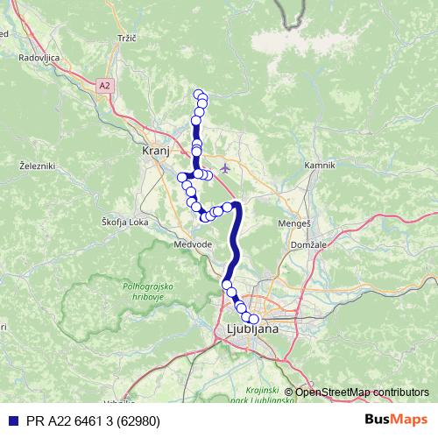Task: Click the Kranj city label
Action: point(154,151)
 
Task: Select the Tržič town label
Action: point(129,39)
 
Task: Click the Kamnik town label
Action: point(319,165)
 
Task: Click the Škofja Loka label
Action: point(124,222)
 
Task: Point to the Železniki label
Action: point(37,165)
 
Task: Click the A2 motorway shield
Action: point(105,85)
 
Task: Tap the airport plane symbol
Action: point(226,166)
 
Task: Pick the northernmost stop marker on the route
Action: point(199,94)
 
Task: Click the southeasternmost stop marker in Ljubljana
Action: point(255,319)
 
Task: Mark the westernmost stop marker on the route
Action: point(182,178)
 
